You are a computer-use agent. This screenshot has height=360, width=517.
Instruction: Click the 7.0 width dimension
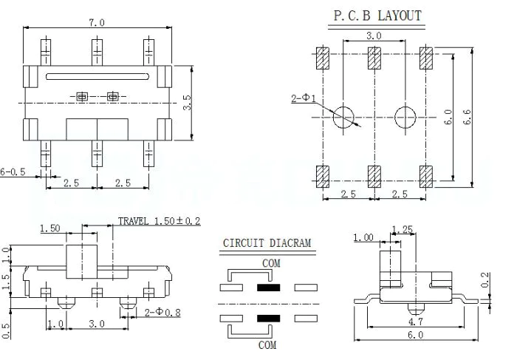coord(97,22)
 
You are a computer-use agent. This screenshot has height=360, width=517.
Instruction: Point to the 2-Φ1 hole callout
coord(304,98)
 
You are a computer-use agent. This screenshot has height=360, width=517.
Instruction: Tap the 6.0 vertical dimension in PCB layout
coord(447,117)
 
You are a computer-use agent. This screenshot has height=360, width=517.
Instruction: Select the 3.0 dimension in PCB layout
coord(373,35)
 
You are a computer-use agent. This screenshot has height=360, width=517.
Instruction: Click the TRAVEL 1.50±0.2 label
coord(160,221)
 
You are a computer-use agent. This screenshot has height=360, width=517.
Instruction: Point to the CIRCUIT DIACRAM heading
coord(267,243)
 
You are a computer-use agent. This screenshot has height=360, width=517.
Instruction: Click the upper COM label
coord(271,262)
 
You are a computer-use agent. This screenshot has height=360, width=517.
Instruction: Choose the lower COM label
coord(267,344)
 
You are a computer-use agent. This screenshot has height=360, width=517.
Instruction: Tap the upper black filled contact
coord(267,287)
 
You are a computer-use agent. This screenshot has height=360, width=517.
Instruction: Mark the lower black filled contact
coord(267,319)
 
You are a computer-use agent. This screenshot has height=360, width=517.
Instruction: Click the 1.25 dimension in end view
coord(403,228)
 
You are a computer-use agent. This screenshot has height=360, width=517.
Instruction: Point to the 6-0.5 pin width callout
coord(13,171)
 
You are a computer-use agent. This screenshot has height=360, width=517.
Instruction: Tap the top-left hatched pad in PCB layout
coord(322,57)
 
